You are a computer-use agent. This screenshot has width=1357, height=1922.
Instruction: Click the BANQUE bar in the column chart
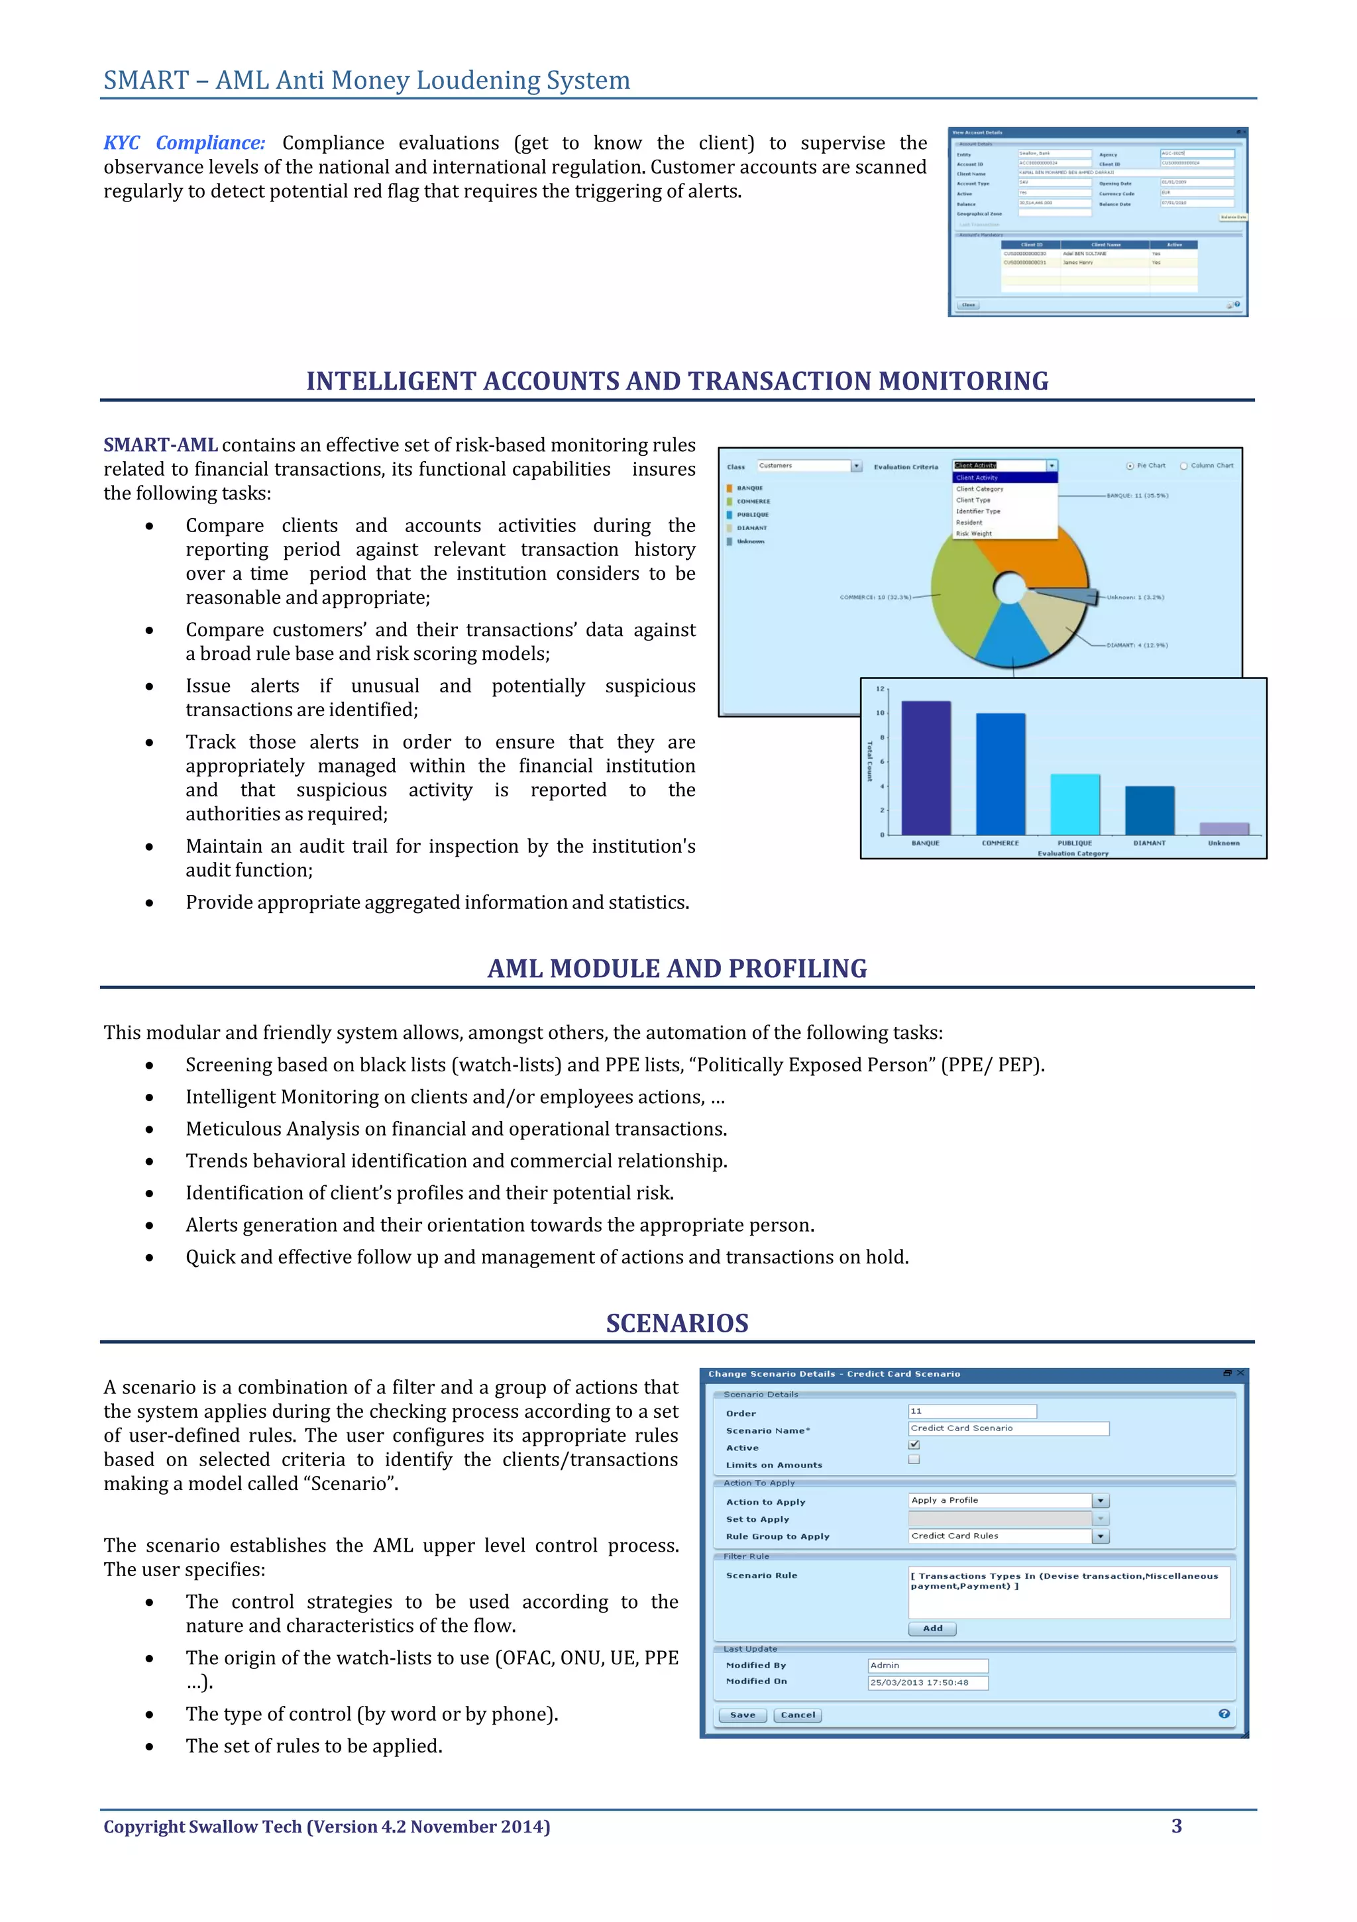(x=925, y=768)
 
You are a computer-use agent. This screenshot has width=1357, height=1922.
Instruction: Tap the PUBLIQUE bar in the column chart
(x=1075, y=804)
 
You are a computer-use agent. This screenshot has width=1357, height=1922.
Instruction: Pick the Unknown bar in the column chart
(x=1223, y=828)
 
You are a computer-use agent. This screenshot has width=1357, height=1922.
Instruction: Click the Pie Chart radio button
(x=1130, y=466)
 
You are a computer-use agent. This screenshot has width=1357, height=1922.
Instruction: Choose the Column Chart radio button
(x=1183, y=466)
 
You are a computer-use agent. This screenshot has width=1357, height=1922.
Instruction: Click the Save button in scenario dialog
(x=743, y=1715)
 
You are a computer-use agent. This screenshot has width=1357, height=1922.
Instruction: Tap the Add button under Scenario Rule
(x=932, y=1628)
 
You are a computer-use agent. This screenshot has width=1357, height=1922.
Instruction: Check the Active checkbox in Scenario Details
(x=914, y=1444)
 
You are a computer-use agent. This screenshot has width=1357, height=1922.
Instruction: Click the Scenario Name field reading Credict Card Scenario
(x=1008, y=1428)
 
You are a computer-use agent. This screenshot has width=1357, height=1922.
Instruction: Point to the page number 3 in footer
(x=1176, y=1826)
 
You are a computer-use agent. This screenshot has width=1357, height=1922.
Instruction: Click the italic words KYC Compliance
(x=184, y=143)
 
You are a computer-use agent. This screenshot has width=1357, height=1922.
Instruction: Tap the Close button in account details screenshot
(x=969, y=305)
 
